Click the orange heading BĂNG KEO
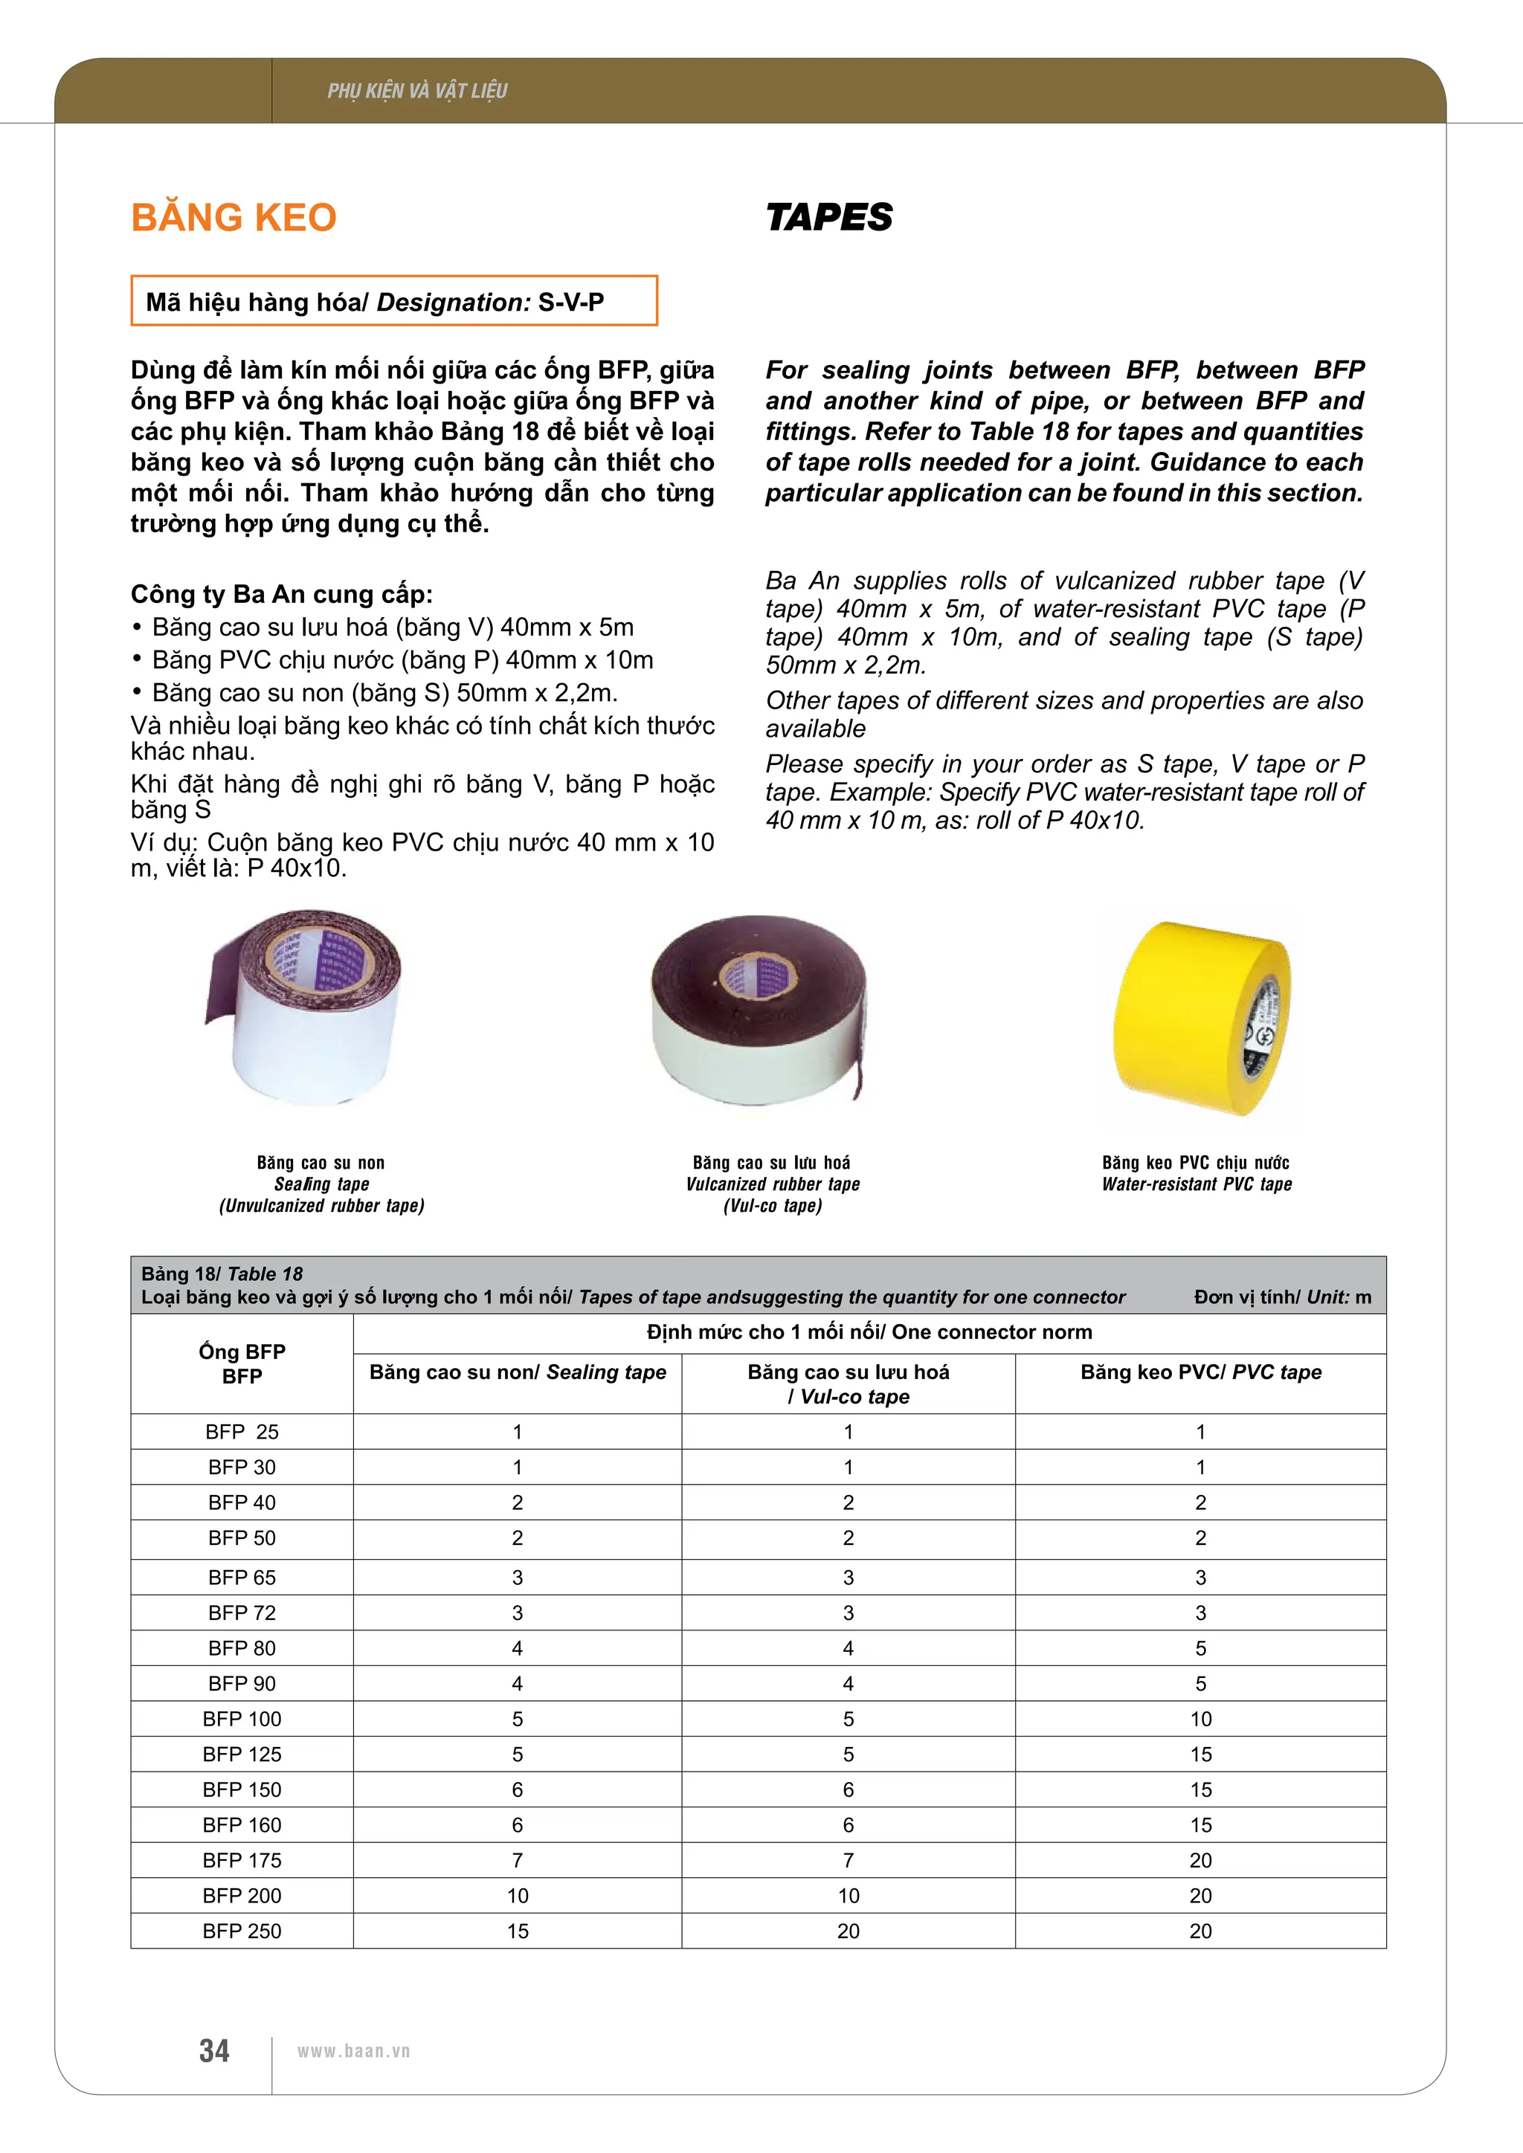[x=234, y=218]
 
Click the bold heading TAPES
[x=829, y=218]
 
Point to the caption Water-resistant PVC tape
[x=1197, y=1184]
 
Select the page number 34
[x=214, y=2051]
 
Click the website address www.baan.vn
[x=353, y=2051]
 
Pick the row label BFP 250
[x=242, y=1931]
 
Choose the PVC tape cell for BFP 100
[x=1200, y=1719]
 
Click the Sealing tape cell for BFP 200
[x=518, y=1895]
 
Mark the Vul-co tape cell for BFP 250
[x=848, y=1931]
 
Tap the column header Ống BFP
[x=242, y=1363]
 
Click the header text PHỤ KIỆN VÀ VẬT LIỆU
[x=417, y=91]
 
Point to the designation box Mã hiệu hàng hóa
[x=394, y=301]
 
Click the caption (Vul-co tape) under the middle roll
[x=772, y=1206]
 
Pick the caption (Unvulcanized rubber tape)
[x=322, y=1206]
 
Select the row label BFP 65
[x=242, y=1578]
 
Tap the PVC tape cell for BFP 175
[x=1200, y=1860]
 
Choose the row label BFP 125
[x=242, y=1755]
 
